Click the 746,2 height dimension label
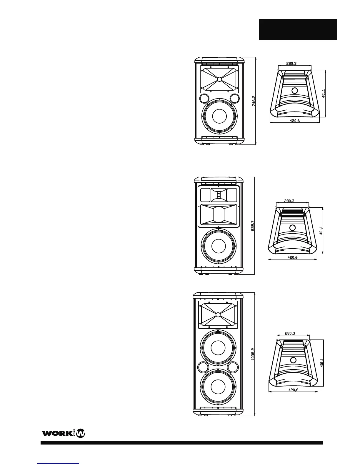[254, 101]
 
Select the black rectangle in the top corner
[298, 30]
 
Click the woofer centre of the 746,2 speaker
[219, 116]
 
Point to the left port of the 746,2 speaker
[204, 98]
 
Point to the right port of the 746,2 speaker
[235, 98]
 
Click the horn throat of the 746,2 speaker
[219, 79]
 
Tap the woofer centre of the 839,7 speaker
[219, 246]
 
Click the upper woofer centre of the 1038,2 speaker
[218, 347]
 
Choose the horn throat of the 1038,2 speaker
[218, 314]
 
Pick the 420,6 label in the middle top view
[293, 257]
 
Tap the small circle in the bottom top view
[293, 360]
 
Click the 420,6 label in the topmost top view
[294, 121]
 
